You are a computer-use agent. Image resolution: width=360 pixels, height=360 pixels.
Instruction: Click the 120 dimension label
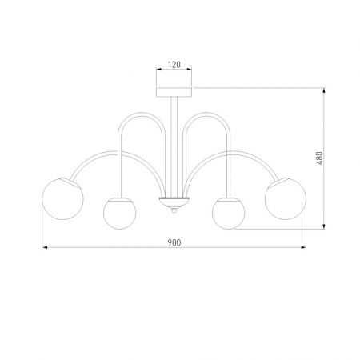(x=174, y=65)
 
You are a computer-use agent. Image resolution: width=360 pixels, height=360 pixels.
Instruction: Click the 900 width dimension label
(x=174, y=242)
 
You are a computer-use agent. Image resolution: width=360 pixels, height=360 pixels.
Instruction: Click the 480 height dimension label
(x=319, y=158)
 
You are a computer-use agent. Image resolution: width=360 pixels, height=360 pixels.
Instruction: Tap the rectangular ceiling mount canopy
(x=174, y=91)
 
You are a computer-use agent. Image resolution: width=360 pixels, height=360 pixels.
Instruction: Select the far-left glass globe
(x=62, y=198)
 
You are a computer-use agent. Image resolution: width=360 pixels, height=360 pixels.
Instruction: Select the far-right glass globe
(x=286, y=198)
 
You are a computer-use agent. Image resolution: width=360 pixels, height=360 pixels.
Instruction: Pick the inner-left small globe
(x=120, y=214)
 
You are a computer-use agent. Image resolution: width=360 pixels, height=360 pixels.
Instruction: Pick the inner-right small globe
(x=229, y=214)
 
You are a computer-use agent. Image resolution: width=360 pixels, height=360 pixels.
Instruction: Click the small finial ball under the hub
(x=174, y=210)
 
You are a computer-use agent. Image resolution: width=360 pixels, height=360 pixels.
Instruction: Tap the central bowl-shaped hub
(x=174, y=202)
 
